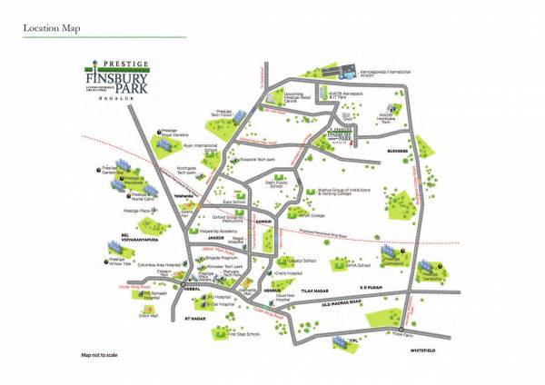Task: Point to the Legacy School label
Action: pyautogui.click(x=302, y=261)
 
